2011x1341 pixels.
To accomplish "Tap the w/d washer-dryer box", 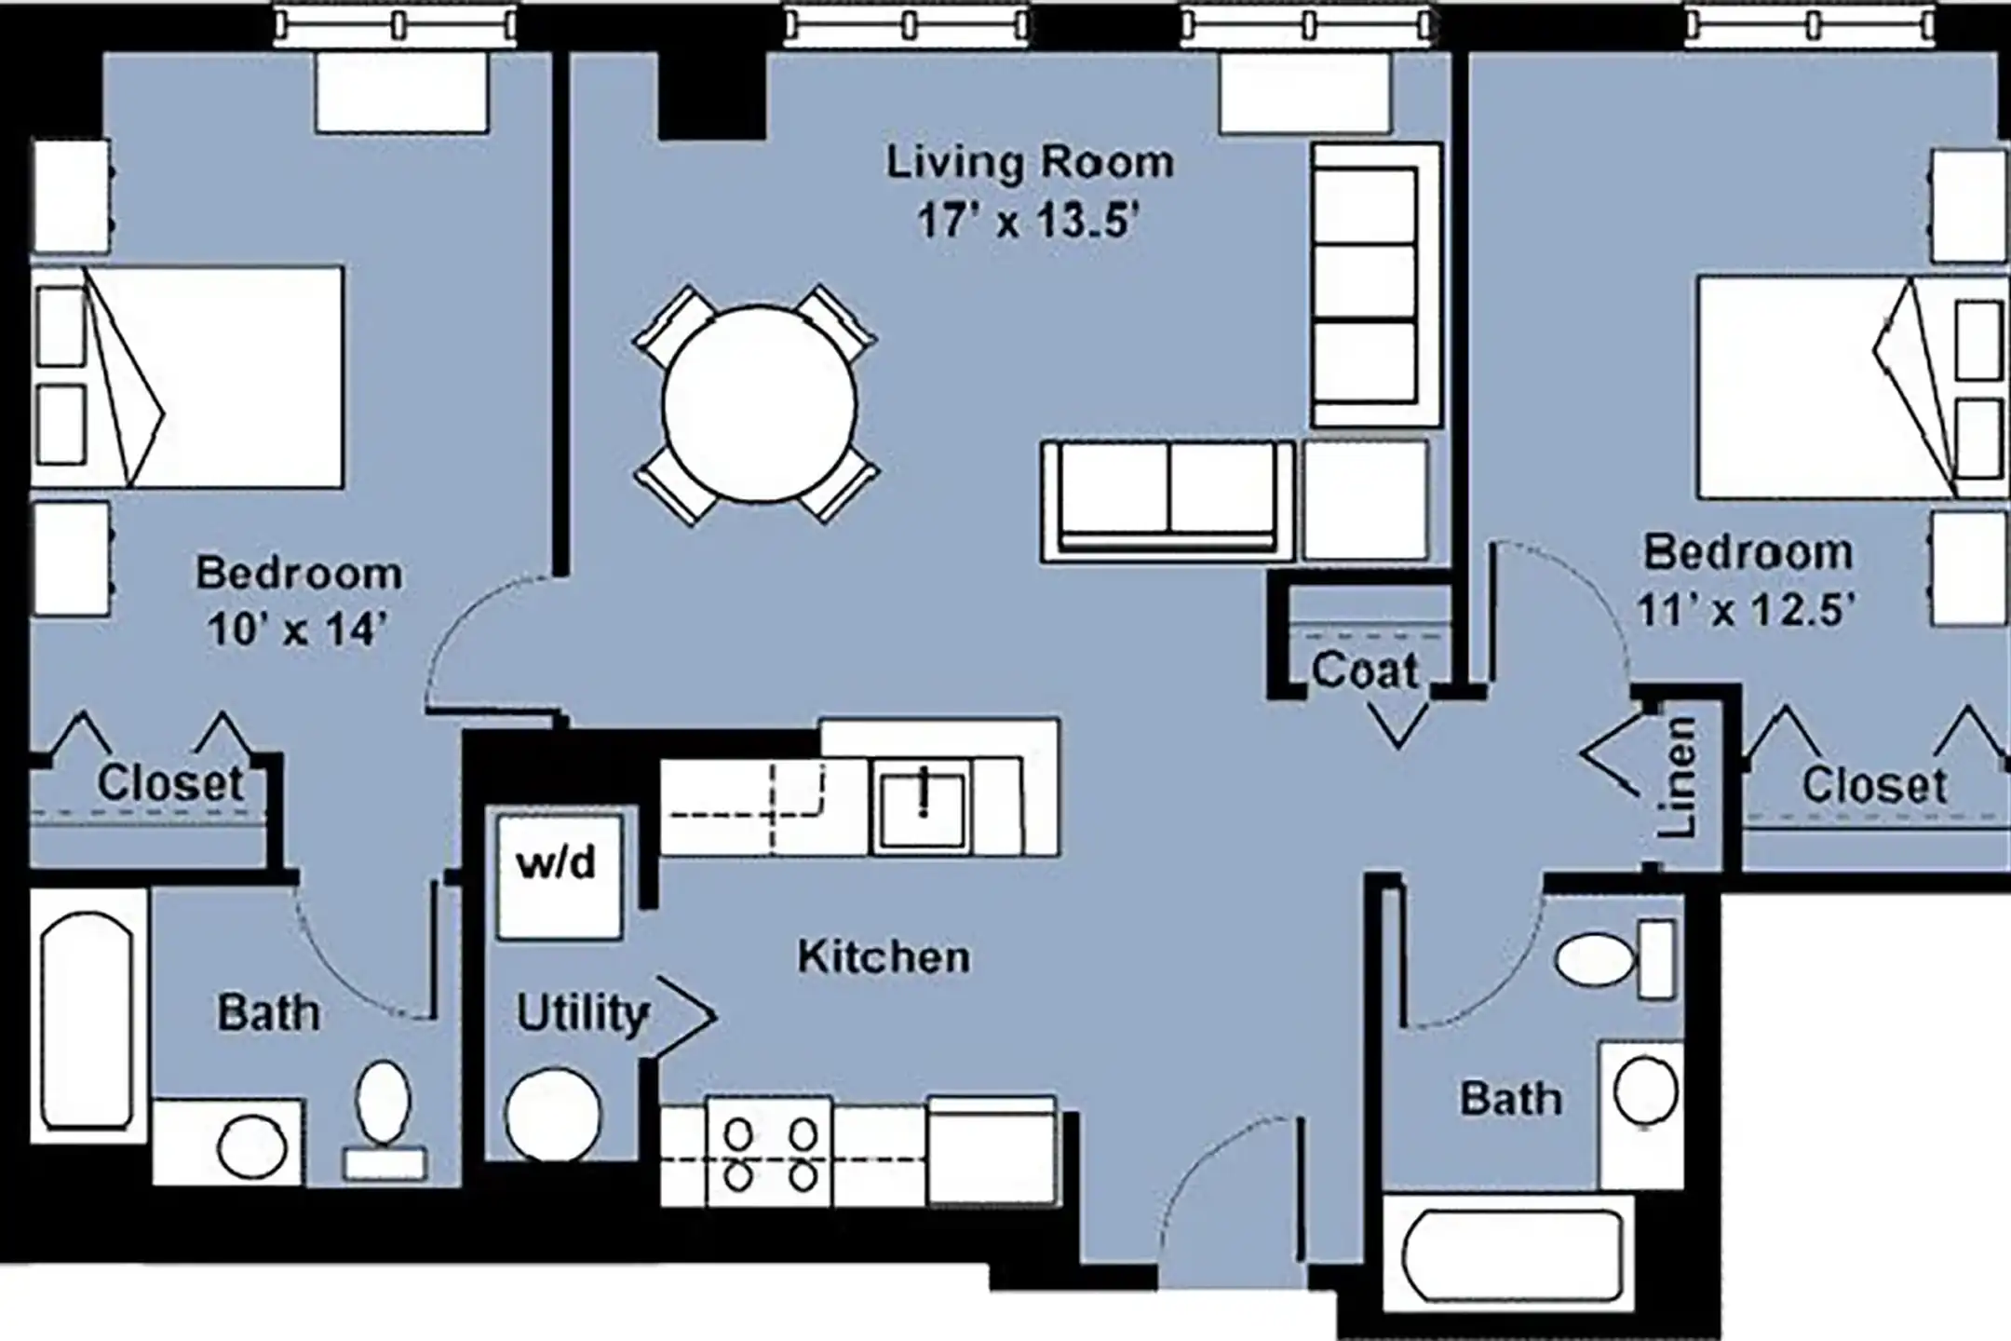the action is pyautogui.click(x=559, y=876).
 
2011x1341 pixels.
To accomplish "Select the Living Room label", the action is pyautogui.click(x=1029, y=163).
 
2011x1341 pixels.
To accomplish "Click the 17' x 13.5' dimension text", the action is pyautogui.click(x=1029, y=222).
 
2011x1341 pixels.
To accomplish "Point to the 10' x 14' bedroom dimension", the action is pyautogui.click(x=297, y=630).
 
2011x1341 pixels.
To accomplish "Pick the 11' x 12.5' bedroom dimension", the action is pyautogui.click(x=1747, y=611).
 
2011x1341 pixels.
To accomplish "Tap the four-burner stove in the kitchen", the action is pyautogui.click(x=769, y=1152).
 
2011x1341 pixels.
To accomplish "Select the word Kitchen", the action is pyautogui.click(x=884, y=957).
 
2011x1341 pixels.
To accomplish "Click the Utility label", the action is pyautogui.click(x=583, y=1013).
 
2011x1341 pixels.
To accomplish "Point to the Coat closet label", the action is pyautogui.click(x=1365, y=670).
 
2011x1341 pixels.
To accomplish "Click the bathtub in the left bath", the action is pyautogui.click(x=88, y=1019).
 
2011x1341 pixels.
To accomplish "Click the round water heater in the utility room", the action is pyautogui.click(x=554, y=1115).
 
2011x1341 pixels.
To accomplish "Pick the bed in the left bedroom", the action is pyautogui.click(x=187, y=377).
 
